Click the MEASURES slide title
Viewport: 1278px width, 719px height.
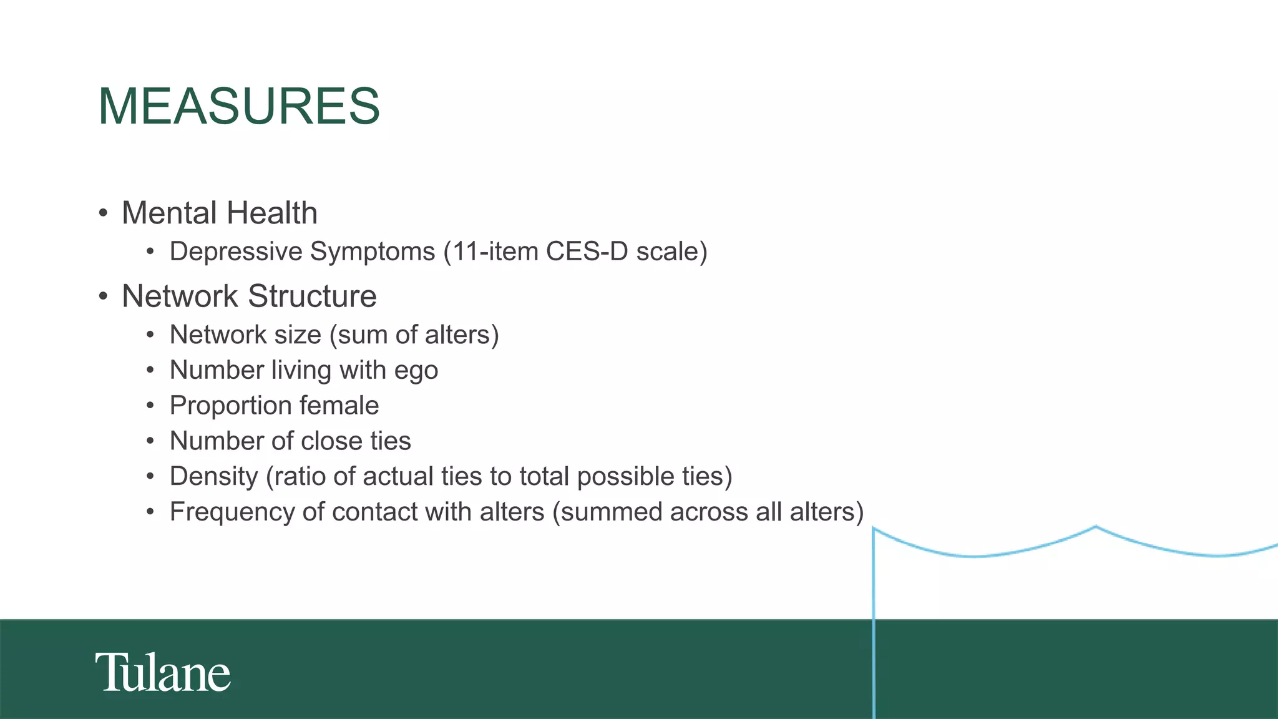(239, 106)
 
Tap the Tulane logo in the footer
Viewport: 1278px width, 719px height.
(163, 673)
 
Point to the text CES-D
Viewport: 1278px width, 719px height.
(587, 252)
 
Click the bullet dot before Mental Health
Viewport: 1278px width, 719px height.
(104, 213)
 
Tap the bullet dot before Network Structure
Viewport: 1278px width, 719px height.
(104, 296)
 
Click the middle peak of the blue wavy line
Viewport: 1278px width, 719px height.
(1095, 527)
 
